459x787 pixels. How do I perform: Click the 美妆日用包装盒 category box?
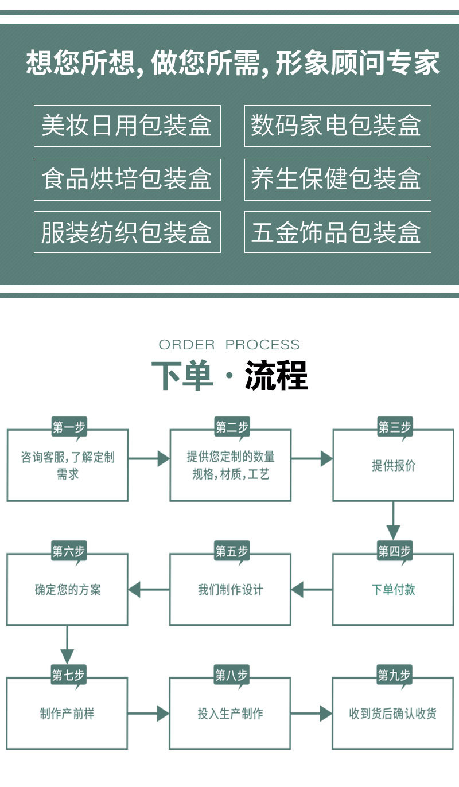coord(127,126)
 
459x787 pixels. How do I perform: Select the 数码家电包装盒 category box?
coord(337,126)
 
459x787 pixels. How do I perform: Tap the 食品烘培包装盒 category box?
coord(127,180)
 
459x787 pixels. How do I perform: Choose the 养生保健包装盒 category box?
coord(337,180)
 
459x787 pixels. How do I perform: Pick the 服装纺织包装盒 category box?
coord(127,232)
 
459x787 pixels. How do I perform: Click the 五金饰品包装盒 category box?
coord(337,232)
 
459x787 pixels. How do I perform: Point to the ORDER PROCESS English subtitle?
coord(229,345)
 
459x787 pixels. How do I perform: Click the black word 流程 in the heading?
coord(276,376)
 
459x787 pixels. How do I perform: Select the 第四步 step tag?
coord(394,551)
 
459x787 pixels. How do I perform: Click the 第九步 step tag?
coord(394,675)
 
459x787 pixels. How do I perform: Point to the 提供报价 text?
coord(393,465)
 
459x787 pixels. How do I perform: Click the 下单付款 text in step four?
coord(393,589)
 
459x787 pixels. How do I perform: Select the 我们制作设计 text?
coord(230,589)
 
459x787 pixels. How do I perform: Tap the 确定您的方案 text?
coord(67,589)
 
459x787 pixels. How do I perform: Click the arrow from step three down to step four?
coord(393,520)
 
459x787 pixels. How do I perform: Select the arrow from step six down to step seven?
coord(67,645)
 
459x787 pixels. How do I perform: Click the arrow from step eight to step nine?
coord(311,714)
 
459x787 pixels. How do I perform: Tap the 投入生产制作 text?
coord(230,714)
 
